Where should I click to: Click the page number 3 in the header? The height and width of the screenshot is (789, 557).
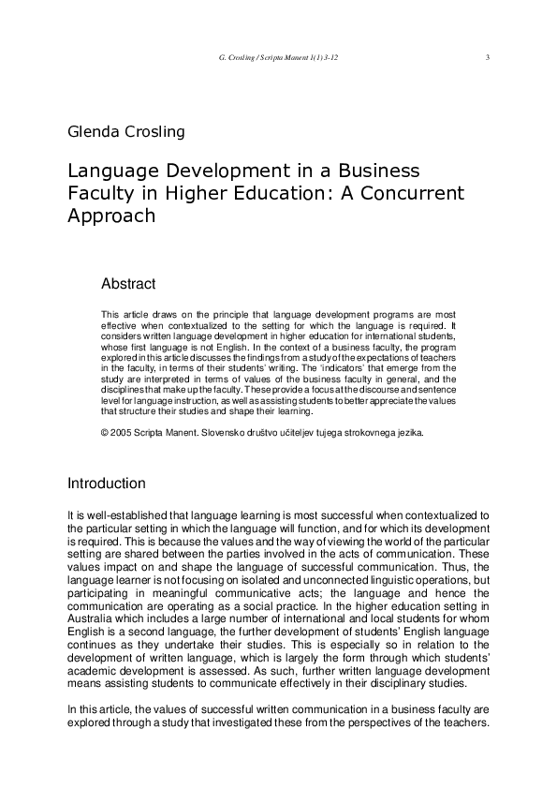click(489, 58)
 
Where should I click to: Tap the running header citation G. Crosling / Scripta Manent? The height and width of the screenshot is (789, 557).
click(276, 58)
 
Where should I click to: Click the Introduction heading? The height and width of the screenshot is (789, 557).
click(107, 484)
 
